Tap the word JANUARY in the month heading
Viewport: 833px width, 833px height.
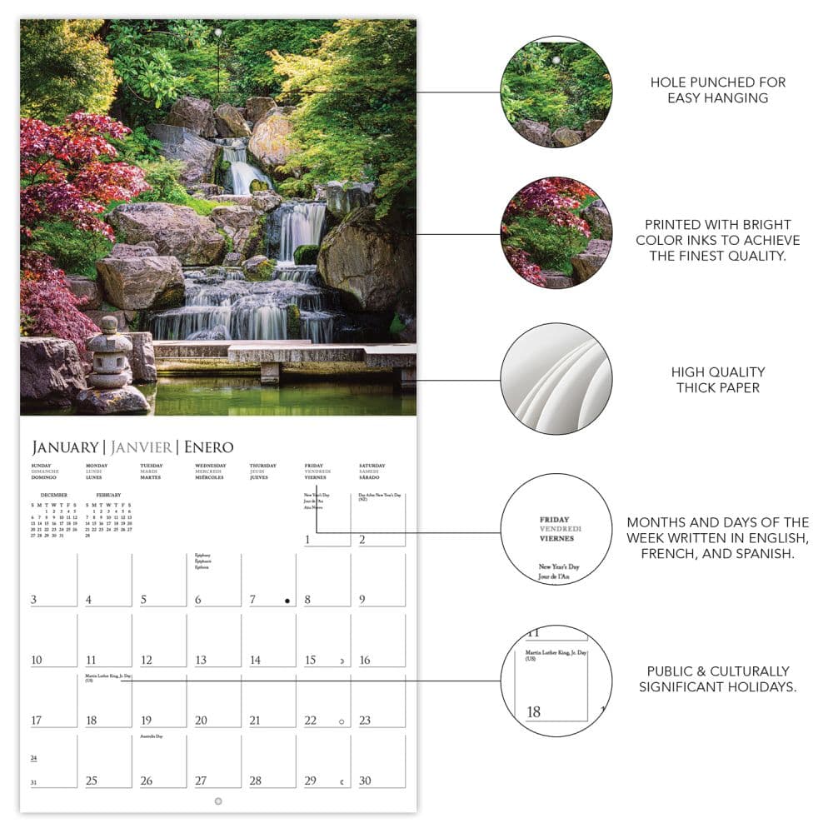pyautogui.click(x=63, y=447)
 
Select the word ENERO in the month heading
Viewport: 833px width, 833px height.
pyautogui.click(x=208, y=447)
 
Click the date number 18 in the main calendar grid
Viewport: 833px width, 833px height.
pyautogui.click(x=92, y=721)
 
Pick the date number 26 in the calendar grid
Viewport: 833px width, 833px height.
pyautogui.click(x=147, y=781)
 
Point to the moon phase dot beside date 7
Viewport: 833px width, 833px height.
pyautogui.click(x=287, y=601)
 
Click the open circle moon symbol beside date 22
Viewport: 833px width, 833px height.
pyautogui.click(x=342, y=721)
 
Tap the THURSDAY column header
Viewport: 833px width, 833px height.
pyautogui.click(x=263, y=466)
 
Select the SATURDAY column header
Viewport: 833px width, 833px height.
pyautogui.click(x=372, y=466)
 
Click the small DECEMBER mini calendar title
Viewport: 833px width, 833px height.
pyautogui.click(x=53, y=495)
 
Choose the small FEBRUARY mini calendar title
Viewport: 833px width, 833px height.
pyautogui.click(x=108, y=495)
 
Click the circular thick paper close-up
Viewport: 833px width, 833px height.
pyautogui.click(x=556, y=379)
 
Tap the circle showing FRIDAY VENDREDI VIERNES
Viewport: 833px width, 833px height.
pyautogui.click(x=556, y=528)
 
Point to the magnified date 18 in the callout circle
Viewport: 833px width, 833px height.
pyautogui.click(x=534, y=711)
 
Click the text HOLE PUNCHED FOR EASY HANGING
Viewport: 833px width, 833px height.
pyautogui.click(x=717, y=90)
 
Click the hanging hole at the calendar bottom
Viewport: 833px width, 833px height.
pyautogui.click(x=218, y=801)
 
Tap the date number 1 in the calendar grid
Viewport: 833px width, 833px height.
pyautogui.click(x=307, y=540)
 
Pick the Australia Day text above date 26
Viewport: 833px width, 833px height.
pyautogui.click(x=151, y=736)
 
